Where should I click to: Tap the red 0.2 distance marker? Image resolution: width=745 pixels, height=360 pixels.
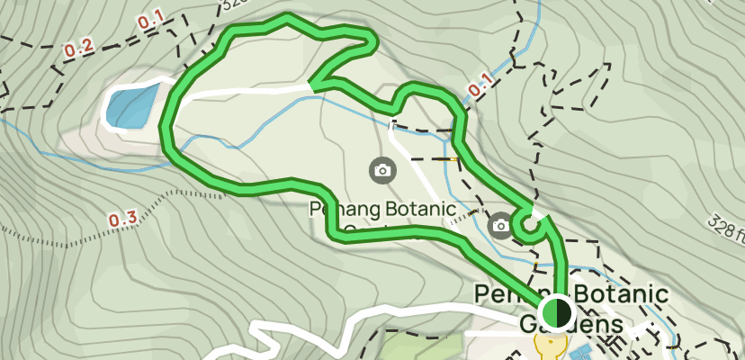click(79, 49)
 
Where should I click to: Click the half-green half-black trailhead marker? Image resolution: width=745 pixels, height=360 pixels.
click(558, 312)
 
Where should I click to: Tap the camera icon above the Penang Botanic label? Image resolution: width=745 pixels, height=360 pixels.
click(381, 168)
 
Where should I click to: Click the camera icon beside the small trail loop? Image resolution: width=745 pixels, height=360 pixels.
click(500, 224)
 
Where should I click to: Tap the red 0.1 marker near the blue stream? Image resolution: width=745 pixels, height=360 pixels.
click(480, 85)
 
